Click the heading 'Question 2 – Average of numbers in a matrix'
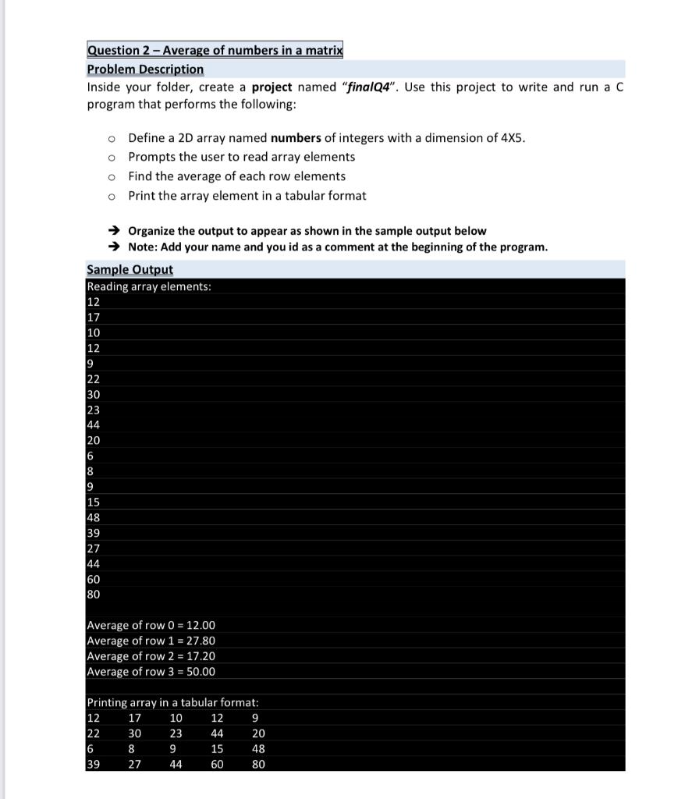[x=215, y=51]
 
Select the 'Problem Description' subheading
[x=145, y=69]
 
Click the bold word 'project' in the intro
[x=272, y=87]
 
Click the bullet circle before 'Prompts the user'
[x=112, y=158]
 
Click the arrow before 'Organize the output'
[x=114, y=231]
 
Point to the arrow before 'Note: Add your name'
[x=114, y=247]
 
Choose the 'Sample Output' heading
[x=130, y=269]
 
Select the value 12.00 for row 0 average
[x=201, y=625]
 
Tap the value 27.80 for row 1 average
[x=201, y=641]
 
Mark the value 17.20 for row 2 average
[x=201, y=656]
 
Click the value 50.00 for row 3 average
[x=201, y=672]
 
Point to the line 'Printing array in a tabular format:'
[x=167, y=703]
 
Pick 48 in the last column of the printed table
[x=258, y=749]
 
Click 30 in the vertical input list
[x=93, y=394]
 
